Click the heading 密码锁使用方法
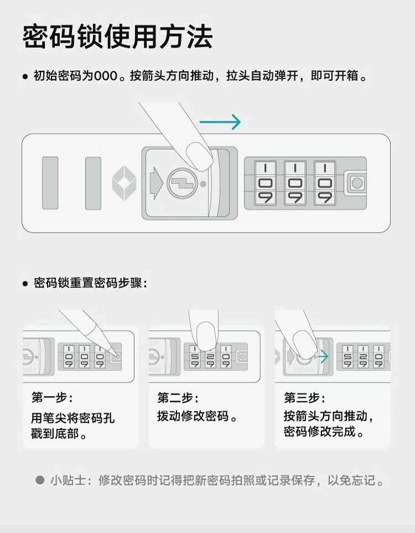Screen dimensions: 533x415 (117, 38)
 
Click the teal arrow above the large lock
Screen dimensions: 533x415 (220, 122)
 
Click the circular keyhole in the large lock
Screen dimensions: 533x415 (181, 183)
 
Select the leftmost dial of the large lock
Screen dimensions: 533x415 (265, 183)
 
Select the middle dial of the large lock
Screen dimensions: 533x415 (295, 183)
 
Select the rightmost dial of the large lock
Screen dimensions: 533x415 (324, 183)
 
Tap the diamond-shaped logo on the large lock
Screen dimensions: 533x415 (124, 183)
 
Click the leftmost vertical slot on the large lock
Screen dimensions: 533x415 (50, 183)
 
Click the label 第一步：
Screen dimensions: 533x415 (51, 398)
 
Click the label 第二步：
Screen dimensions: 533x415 (178, 398)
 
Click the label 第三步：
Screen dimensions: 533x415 (304, 398)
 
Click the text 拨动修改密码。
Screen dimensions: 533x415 (198, 416)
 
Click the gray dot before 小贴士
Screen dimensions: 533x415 (40, 480)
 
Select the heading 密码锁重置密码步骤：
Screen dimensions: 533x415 (90, 283)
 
